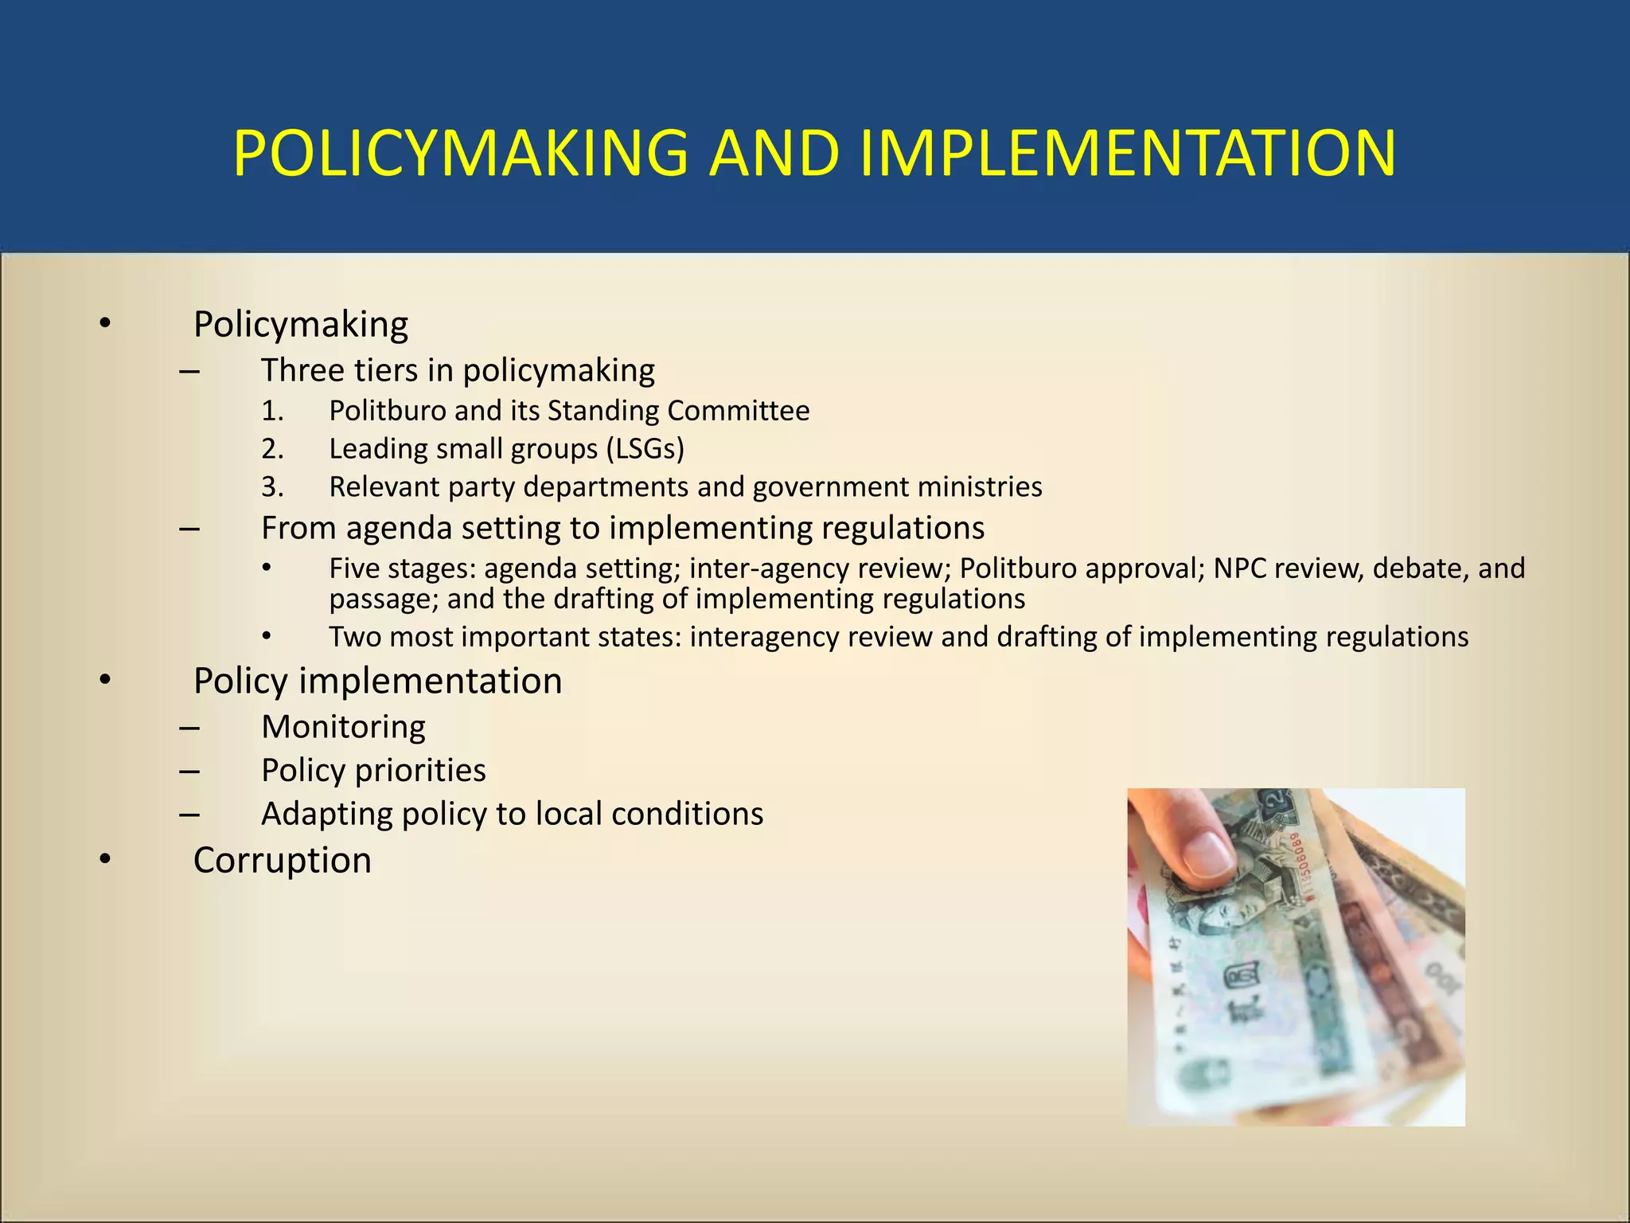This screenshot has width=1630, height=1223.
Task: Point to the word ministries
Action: (x=980, y=486)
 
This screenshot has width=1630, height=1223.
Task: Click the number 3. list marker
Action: (x=272, y=486)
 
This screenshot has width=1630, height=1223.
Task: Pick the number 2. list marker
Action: (x=272, y=449)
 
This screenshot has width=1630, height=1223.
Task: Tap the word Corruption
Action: (x=283, y=860)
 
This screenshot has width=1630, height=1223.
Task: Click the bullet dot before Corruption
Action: (x=105, y=860)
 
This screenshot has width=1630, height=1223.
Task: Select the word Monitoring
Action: (x=343, y=727)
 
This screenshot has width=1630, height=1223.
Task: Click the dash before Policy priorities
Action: (x=189, y=771)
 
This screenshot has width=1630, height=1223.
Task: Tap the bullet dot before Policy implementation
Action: (x=105, y=681)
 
